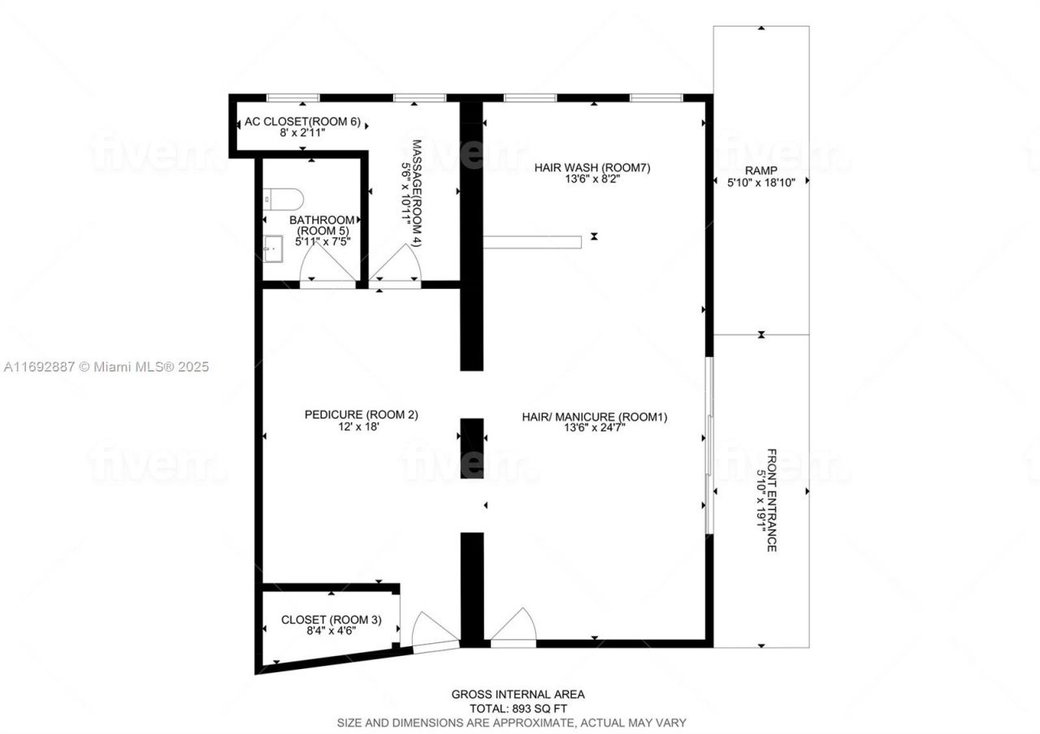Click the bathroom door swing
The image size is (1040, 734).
point(327,264)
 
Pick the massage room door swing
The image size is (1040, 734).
point(397,264)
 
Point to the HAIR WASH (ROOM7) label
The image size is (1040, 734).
point(592,168)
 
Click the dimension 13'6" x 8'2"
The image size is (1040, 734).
point(592,179)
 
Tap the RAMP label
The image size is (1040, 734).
point(760,171)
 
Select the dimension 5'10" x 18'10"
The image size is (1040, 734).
point(760,183)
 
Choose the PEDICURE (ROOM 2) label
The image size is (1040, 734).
point(361,414)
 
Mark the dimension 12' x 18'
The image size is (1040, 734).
point(361,426)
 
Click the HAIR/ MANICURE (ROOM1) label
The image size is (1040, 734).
point(594,417)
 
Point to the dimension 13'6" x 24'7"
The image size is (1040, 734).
point(594,429)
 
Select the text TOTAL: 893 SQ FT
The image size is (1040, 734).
point(518,708)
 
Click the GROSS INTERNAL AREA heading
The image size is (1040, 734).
point(518,694)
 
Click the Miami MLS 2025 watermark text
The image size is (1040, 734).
point(106,367)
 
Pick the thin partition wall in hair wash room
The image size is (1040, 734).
point(532,241)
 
